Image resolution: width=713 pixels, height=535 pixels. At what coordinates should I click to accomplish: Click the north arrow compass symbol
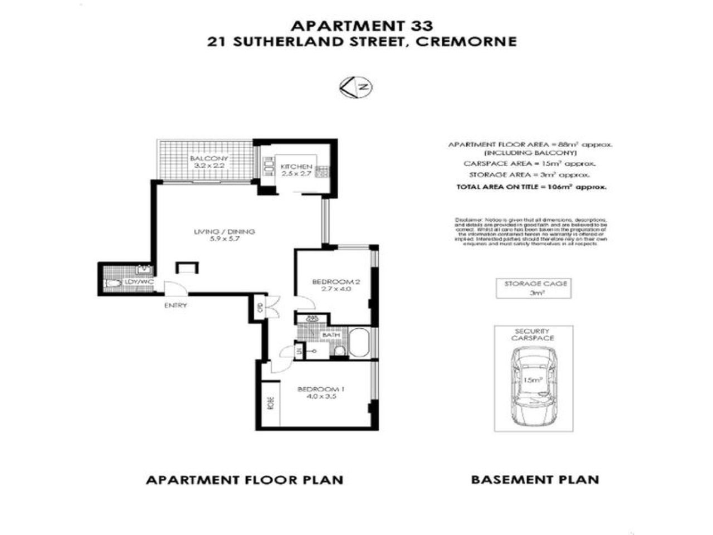pyautogui.click(x=356, y=87)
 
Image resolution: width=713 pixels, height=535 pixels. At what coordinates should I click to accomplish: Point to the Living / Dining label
pyautogui.click(x=224, y=235)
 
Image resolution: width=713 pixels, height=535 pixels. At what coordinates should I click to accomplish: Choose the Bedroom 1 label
pyautogui.click(x=320, y=392)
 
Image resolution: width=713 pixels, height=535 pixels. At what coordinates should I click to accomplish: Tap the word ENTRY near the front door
pyautogui.click(x=175, y=305)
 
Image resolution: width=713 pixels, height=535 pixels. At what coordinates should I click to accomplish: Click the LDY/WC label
pyautogui.click(x=139, y=283)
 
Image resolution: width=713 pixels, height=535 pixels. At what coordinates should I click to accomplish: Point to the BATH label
pyautogui.click(x=330, y=335)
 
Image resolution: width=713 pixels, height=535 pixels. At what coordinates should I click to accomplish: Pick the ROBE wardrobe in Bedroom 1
pyautogui.click(x=271, y=402)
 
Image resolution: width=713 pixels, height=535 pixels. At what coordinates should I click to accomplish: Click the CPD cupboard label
pyautogui.click(x=260, y=307)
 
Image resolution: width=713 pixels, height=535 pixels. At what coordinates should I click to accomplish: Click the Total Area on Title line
pyautogui.click(x=531, y=187)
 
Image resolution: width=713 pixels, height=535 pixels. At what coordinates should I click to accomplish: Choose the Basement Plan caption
pyautogui.click(x=535, y=479)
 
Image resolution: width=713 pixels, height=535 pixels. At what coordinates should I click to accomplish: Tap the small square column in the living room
pyautogui.click(x=186, y=267)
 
